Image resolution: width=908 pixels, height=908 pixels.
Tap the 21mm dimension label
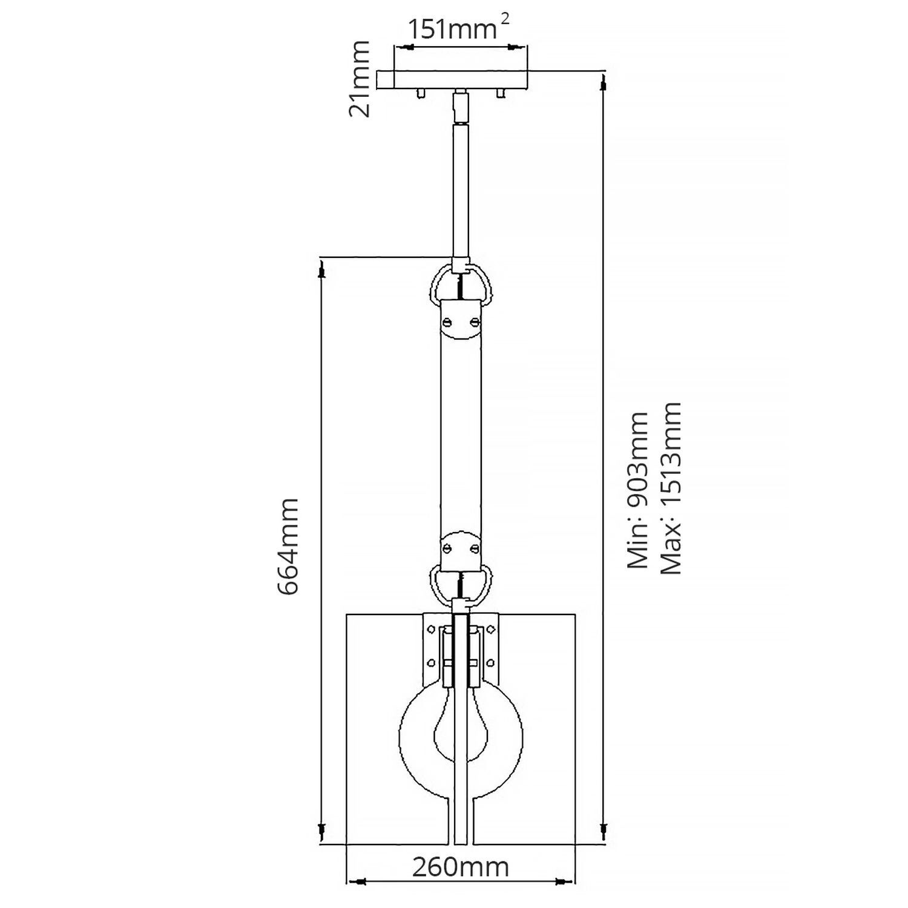360,78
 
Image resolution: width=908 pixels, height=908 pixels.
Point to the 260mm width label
461,867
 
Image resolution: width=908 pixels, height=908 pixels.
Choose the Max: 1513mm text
671,488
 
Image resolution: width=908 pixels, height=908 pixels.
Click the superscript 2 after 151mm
505,19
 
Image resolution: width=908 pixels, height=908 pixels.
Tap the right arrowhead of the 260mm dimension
562,881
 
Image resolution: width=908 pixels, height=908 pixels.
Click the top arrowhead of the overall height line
603,85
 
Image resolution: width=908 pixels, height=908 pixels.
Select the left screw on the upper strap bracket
448,322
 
